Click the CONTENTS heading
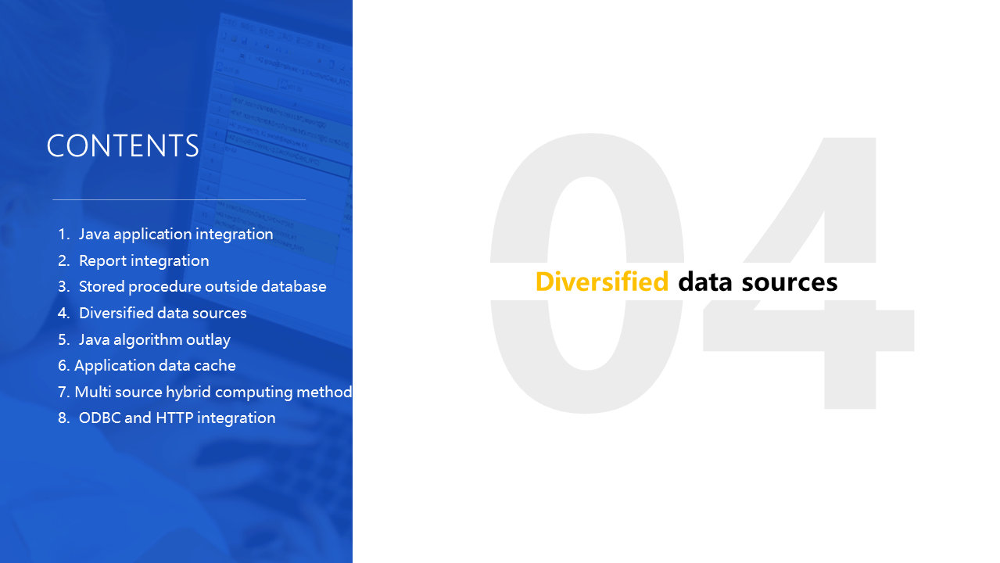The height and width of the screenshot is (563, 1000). (123, 146)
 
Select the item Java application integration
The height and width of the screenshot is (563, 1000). (176, 235)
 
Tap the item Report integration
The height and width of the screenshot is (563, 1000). (144, 260)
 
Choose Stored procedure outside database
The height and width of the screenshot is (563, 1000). (203, 287)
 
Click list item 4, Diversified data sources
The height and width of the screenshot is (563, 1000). (163, 313)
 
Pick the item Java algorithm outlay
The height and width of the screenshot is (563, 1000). (155, 340)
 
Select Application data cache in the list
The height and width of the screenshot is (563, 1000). (155, 366)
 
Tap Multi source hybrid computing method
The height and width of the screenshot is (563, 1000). (213, 392)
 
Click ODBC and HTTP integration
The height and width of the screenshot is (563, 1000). (177, 418)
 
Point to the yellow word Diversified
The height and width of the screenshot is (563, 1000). (602, 281)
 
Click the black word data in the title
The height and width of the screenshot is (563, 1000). (705, 281)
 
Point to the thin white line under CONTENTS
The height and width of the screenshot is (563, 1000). (179, 199)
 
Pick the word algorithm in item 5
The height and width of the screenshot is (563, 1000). (148, 340)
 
